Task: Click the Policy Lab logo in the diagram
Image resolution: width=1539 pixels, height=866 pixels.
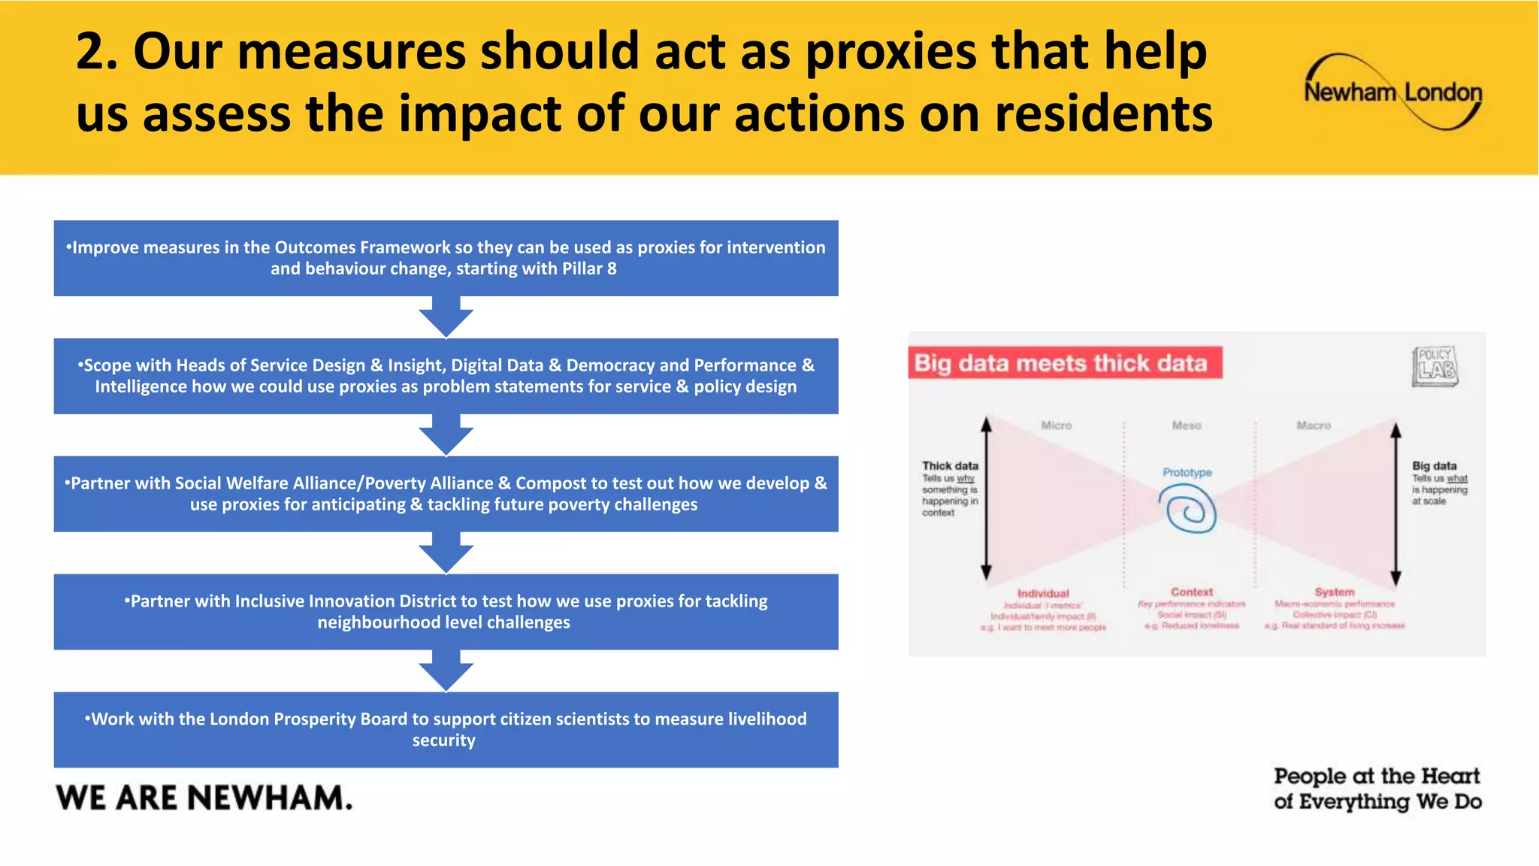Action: pos(1435,366)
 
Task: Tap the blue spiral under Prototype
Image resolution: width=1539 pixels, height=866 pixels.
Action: pos(1187,510)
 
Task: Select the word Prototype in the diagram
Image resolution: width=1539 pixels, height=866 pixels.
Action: pos(1187,472)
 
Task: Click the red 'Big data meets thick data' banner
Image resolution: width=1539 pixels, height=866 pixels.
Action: pos(1064,363)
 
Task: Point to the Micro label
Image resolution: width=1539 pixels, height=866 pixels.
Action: pos(1056,425)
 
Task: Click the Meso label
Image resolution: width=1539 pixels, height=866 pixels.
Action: pos(1187,425)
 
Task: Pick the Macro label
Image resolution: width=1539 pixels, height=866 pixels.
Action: pos(1313,425)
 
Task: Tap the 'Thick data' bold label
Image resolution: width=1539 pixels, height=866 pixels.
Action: pos(950,466)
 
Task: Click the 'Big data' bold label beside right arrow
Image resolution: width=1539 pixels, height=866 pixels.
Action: pos(1434,466)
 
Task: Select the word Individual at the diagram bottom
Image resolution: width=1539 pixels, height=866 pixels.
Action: pos(1043,593)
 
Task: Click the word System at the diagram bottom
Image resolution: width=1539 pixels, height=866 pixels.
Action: pos(1334,592)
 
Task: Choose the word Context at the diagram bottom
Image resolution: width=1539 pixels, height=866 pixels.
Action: pos(1192,592)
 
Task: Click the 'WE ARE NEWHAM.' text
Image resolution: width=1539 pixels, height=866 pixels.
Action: pos(204,798)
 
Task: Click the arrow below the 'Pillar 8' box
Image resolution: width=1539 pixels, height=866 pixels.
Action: pos(446,316)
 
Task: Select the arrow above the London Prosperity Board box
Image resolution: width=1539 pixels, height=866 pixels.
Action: pos(446,671)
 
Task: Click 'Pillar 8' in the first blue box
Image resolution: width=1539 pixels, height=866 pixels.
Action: pos(588,269)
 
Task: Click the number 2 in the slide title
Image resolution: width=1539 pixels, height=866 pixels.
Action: pos(96,52)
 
